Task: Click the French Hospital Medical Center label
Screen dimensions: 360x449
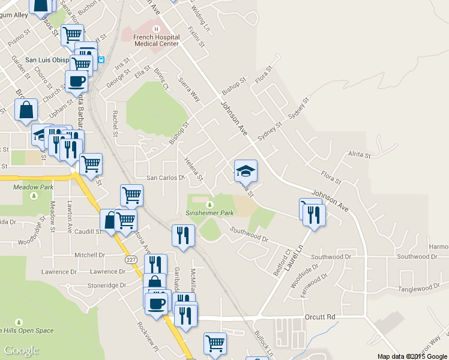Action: tap(156, 40)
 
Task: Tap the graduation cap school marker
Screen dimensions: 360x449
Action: tap(245, 171)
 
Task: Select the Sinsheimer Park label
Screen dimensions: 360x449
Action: tap(209, 212)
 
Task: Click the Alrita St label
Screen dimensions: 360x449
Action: tap(360, 155)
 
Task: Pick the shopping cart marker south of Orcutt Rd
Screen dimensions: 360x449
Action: tap(215, 344)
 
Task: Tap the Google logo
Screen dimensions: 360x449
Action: tap(21, 350)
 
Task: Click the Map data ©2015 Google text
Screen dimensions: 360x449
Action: tap(412, 356)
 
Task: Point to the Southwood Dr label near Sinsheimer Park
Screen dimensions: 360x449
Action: tap(249, 235)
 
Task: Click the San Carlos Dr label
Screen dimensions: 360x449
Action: tap(165, 178)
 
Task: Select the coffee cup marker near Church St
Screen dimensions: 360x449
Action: tap(76, 81)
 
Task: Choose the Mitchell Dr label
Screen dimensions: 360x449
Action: tap(89, 255)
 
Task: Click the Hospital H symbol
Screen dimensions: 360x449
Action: tap(156, 29)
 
